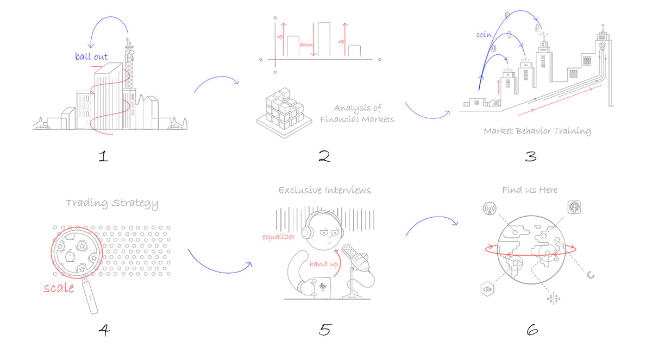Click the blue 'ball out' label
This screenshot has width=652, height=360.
coord(91,56)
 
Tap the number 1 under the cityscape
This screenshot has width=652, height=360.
coord(104,157)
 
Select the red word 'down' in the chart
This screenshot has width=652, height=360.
coord(306,45)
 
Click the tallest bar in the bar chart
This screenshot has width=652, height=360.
coord(324,40)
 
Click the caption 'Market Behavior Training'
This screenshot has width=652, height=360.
coord(537,131)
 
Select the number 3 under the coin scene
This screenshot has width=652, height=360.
coord(530,156)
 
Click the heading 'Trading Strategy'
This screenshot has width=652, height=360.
coord(112,204)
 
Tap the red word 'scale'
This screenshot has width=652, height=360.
coord(59,288)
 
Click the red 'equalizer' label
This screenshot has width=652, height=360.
coord(279,237)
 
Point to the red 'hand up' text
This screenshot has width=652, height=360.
coord(324,264)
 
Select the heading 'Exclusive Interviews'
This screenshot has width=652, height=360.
coord(324,190)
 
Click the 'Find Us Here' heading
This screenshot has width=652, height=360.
coord(530,190)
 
